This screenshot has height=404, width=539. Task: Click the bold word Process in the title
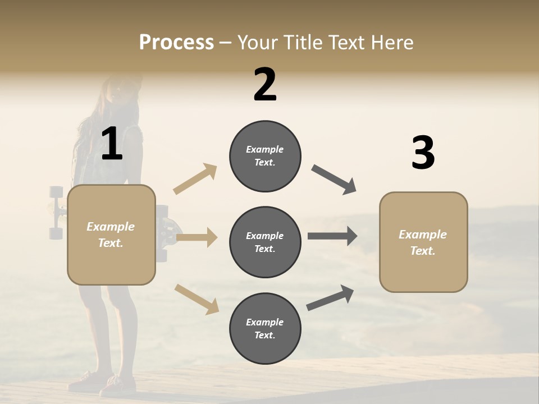click(176, 43)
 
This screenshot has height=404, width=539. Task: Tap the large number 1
click(112, 144)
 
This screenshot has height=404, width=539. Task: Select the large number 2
click(265, 85)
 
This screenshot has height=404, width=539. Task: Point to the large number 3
click(423, 153)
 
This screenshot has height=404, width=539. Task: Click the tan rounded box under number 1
click(111, 235)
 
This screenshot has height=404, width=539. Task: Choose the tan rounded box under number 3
click(423, 242)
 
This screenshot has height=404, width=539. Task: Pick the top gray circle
click(265, 156)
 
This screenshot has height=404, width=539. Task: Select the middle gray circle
click(265, 242)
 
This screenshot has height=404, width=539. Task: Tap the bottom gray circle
click(265, 328)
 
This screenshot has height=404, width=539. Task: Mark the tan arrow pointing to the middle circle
click(197, 237)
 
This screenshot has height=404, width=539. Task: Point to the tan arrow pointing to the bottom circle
click(197, 299)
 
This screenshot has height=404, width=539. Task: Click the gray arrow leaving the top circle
click(334, 180)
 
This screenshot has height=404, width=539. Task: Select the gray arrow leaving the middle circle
click(332, 236)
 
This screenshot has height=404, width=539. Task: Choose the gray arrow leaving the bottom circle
click(330, 298)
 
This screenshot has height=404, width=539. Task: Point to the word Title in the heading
click(303, 43)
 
